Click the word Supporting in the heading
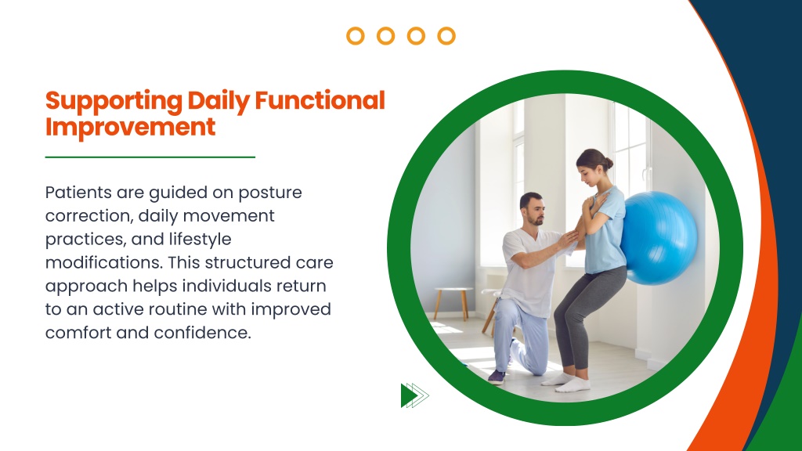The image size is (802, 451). (114, 102)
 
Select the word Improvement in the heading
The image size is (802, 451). (131, 128)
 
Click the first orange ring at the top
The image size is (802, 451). (356, 36)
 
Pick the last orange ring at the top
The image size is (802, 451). (446, 36)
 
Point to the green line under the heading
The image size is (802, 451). (150, 157)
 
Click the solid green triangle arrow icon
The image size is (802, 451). (409, 395)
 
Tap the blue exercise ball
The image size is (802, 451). (659, 238)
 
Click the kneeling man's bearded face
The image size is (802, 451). (534, 211)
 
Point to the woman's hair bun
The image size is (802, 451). (608, 163)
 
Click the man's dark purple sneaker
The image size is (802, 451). (497, 377)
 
